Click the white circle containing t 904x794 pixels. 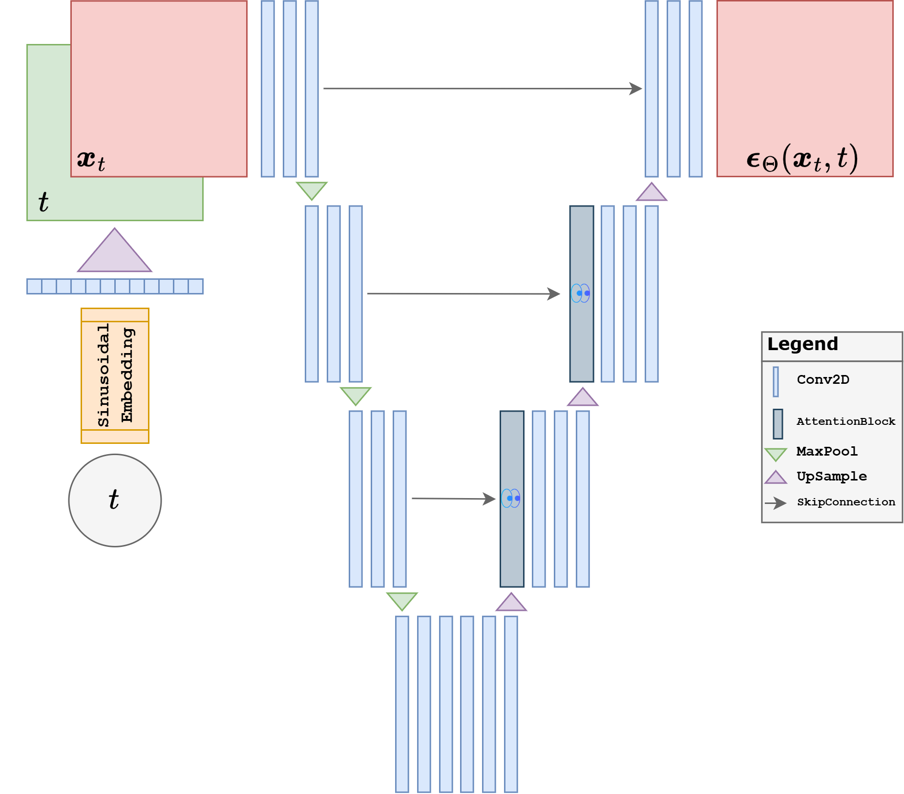click(x=115, y=500)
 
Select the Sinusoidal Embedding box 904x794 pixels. click(x=115, y=376)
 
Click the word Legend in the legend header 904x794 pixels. click(x=802, y=344)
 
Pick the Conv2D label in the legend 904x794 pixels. click(x=823, y=379)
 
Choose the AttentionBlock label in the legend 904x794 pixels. click(x=846, y=421)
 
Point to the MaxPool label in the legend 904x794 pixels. click(x=827, y=451)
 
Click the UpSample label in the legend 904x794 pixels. click(x=832, y=476)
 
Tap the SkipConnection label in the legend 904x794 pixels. click(x=846, y=502)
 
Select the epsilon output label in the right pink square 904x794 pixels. click(x=801, y=159)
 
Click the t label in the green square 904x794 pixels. click(x=43, y=202)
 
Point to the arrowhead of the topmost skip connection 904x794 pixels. click(x=636, y=88)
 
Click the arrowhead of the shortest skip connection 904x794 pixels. click(x=489, y=499)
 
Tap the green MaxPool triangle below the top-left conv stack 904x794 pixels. click(x=312, y=189)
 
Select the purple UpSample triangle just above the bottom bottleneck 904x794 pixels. click(x=511, y=603)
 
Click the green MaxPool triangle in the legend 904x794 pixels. click(x=776, y=454)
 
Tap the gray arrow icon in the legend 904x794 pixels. click(x=776, y=503)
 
